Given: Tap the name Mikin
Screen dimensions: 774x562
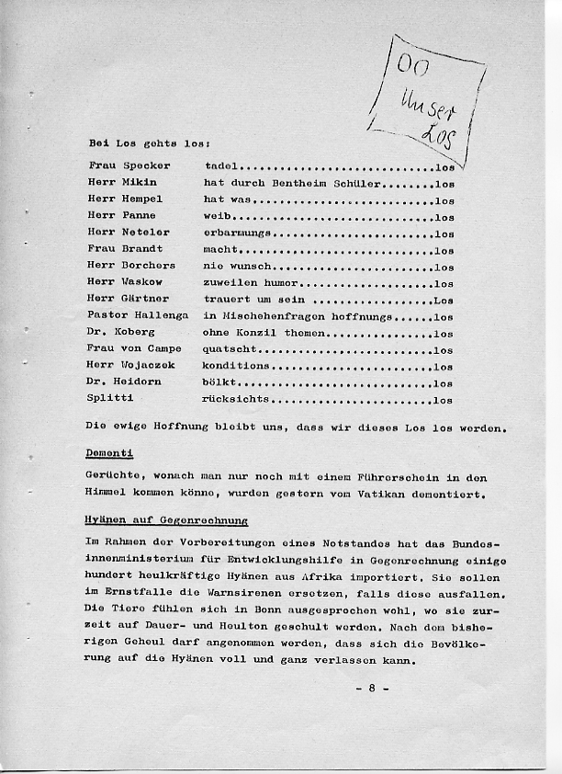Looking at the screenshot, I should pos(140,182).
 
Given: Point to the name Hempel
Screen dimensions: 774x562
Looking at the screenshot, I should pos(143,199).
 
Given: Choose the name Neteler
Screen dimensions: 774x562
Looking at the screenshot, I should pos(146,232).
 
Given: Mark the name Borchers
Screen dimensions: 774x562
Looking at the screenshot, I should pos(149,265).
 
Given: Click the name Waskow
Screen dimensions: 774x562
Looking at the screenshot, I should pos(143,281).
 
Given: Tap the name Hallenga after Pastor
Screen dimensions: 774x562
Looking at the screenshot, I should pos(163,315).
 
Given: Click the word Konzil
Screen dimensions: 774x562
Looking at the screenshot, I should pos(259,332).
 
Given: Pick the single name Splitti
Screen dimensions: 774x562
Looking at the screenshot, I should pos(110,398).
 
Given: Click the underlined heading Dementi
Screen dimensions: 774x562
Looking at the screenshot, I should pos(109,452).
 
